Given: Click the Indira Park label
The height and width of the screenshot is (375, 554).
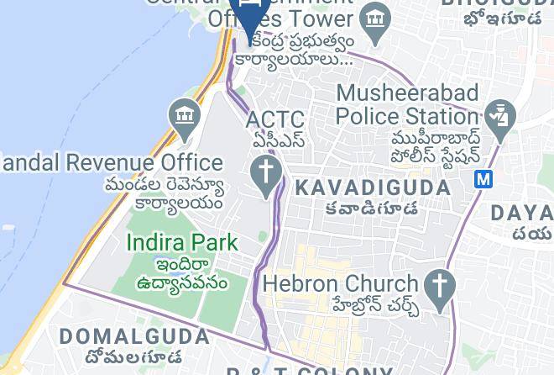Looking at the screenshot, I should coord(182,243).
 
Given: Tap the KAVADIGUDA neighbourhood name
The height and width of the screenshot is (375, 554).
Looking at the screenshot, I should coord(374,186).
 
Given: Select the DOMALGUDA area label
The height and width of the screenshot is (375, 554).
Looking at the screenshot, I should coord(134,337).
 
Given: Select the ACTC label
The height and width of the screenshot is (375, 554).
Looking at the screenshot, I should coord(275,120).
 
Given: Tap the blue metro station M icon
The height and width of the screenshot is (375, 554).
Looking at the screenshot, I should coord(483,178).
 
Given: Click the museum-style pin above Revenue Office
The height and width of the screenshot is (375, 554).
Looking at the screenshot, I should coord(183,117).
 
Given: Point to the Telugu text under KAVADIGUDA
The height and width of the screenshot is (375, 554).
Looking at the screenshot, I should coord(374,208).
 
